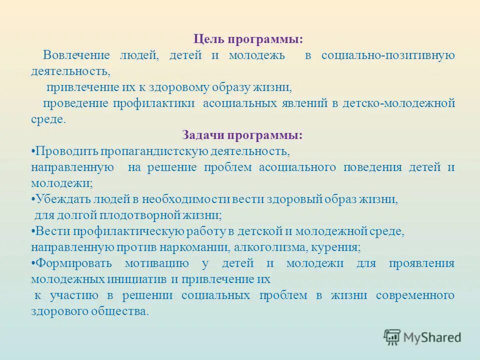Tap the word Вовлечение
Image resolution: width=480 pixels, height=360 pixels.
coord(73,55)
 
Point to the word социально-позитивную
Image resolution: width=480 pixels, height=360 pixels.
coord(388,55)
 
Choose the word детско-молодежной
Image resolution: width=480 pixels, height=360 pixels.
coord(398,103)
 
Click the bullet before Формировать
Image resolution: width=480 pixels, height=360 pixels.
coord(32,263)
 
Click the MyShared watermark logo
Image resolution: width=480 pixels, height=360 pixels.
coord(422,337)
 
